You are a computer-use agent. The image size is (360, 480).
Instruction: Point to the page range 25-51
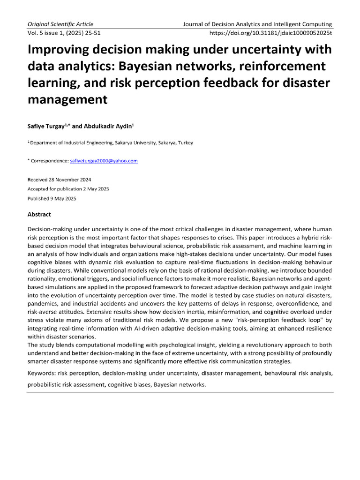tap(105, 33)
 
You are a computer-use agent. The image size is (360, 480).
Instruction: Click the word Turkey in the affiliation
tap(184, 143)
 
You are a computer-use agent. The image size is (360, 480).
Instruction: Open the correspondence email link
tap(104, 161)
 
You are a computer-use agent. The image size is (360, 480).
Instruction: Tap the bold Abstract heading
tap(39, 214)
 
